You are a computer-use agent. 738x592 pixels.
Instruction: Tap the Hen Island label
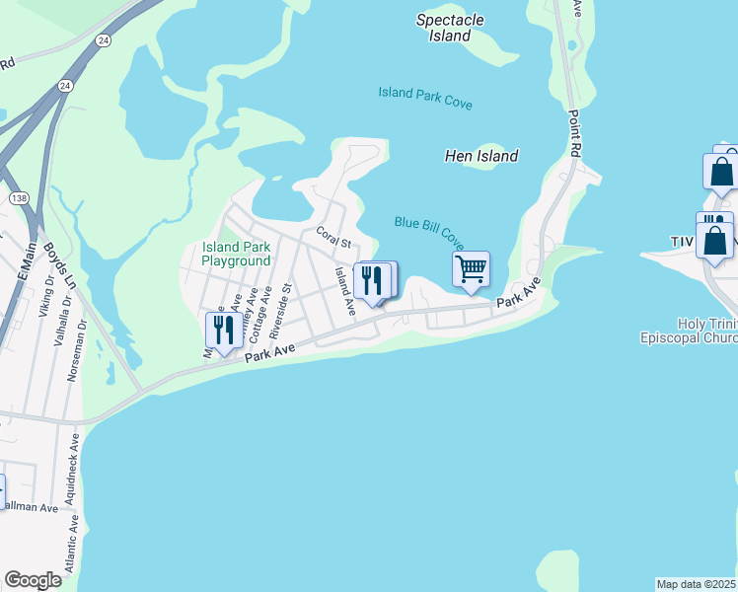[482, 156]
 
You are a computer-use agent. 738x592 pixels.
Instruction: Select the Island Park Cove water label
[425, 98]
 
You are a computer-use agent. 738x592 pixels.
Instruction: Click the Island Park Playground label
[236, 254]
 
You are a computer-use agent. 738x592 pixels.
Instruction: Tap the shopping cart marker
[472, 268]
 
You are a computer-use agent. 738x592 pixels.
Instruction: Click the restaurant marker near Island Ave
[373, 280]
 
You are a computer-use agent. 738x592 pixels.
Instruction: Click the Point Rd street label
[572, 131]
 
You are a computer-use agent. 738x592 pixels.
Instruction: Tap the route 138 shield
[18, 198]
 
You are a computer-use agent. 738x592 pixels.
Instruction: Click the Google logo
[34, 580]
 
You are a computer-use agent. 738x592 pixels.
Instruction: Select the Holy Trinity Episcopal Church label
[707, 332]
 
